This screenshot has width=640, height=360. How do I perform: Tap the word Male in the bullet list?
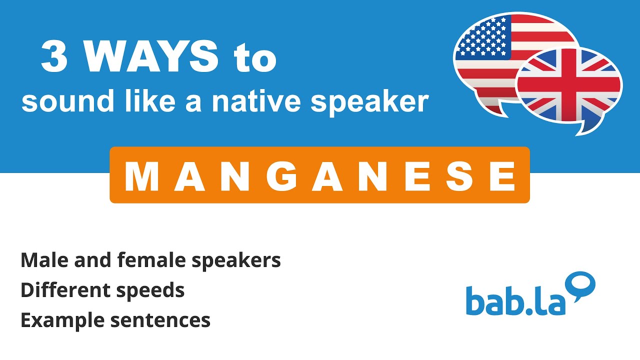(41, 260)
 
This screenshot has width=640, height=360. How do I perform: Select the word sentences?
(160, 320)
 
